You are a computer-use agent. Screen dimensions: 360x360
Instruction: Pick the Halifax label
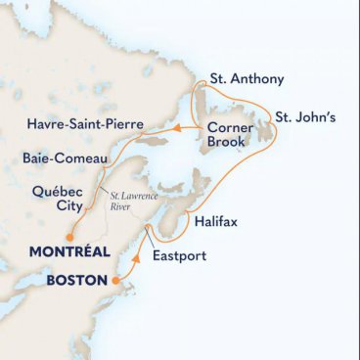211,224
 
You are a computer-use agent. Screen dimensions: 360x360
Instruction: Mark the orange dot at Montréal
70,236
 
